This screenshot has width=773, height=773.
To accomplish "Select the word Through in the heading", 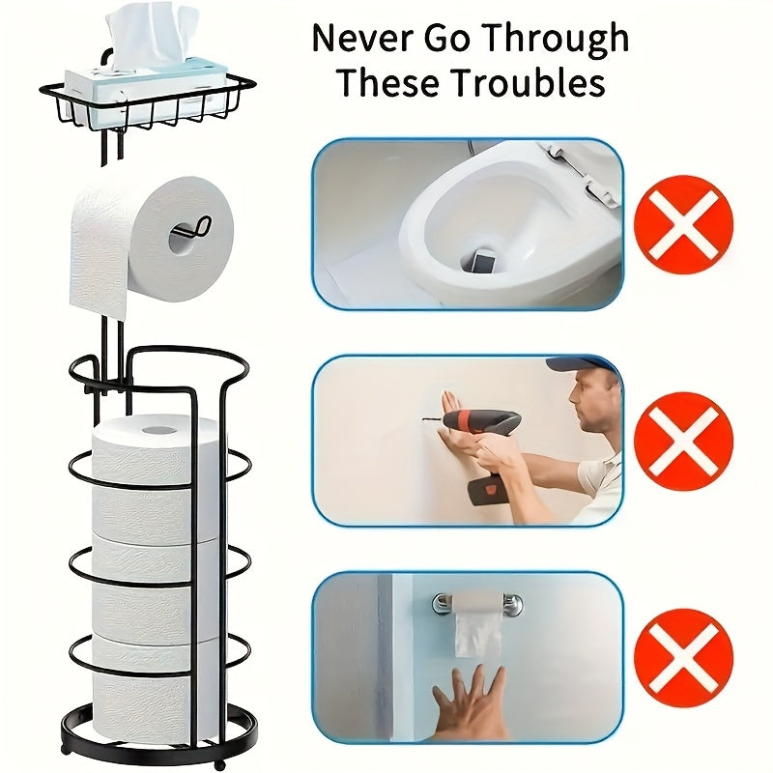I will (556, 39).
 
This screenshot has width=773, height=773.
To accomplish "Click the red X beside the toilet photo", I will (683, 224).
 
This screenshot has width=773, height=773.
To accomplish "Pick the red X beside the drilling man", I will (683, 441).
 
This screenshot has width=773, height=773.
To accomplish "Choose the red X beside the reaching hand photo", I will (683, 657).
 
